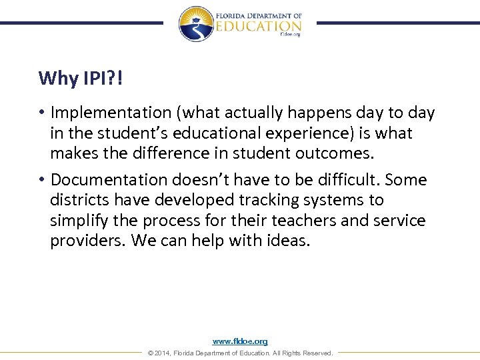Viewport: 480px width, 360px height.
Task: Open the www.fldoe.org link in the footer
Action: click(x=240, y=341)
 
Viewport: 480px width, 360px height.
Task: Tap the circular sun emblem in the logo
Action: click(x=195, y=24)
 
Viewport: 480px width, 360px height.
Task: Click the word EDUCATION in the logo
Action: click(x=259, y=25)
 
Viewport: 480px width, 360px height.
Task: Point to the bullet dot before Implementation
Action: click(x=42, y=113)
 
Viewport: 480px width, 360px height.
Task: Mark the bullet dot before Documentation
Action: click(x=42, y=180)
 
